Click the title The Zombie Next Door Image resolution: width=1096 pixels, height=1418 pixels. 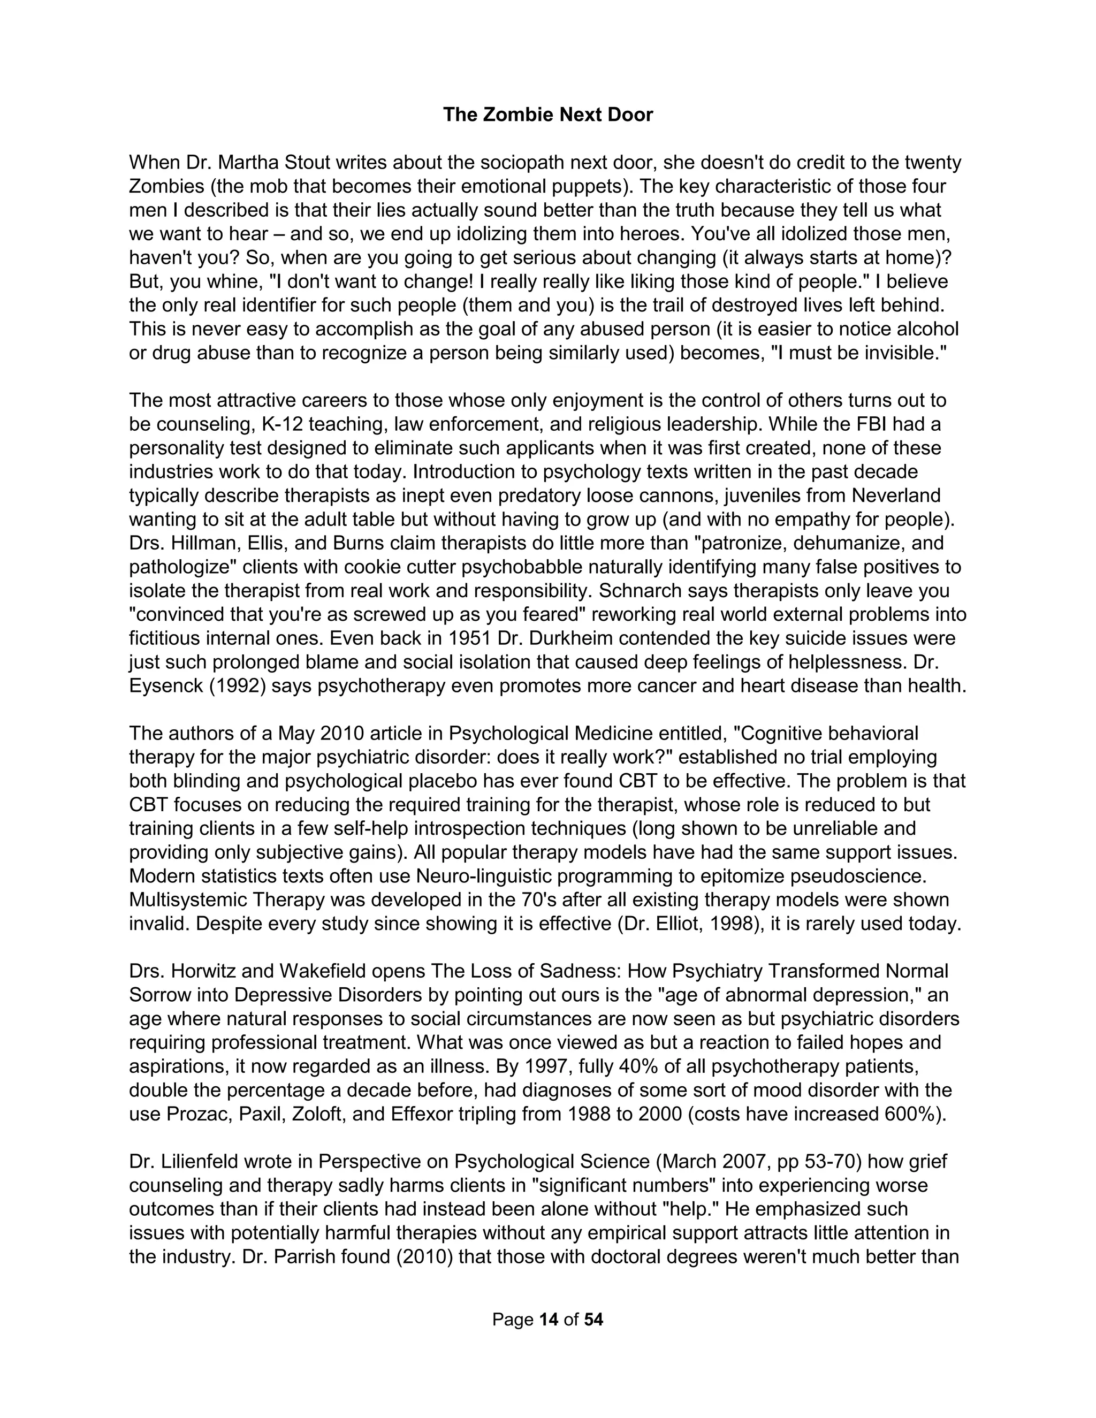[x=547, y=115]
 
